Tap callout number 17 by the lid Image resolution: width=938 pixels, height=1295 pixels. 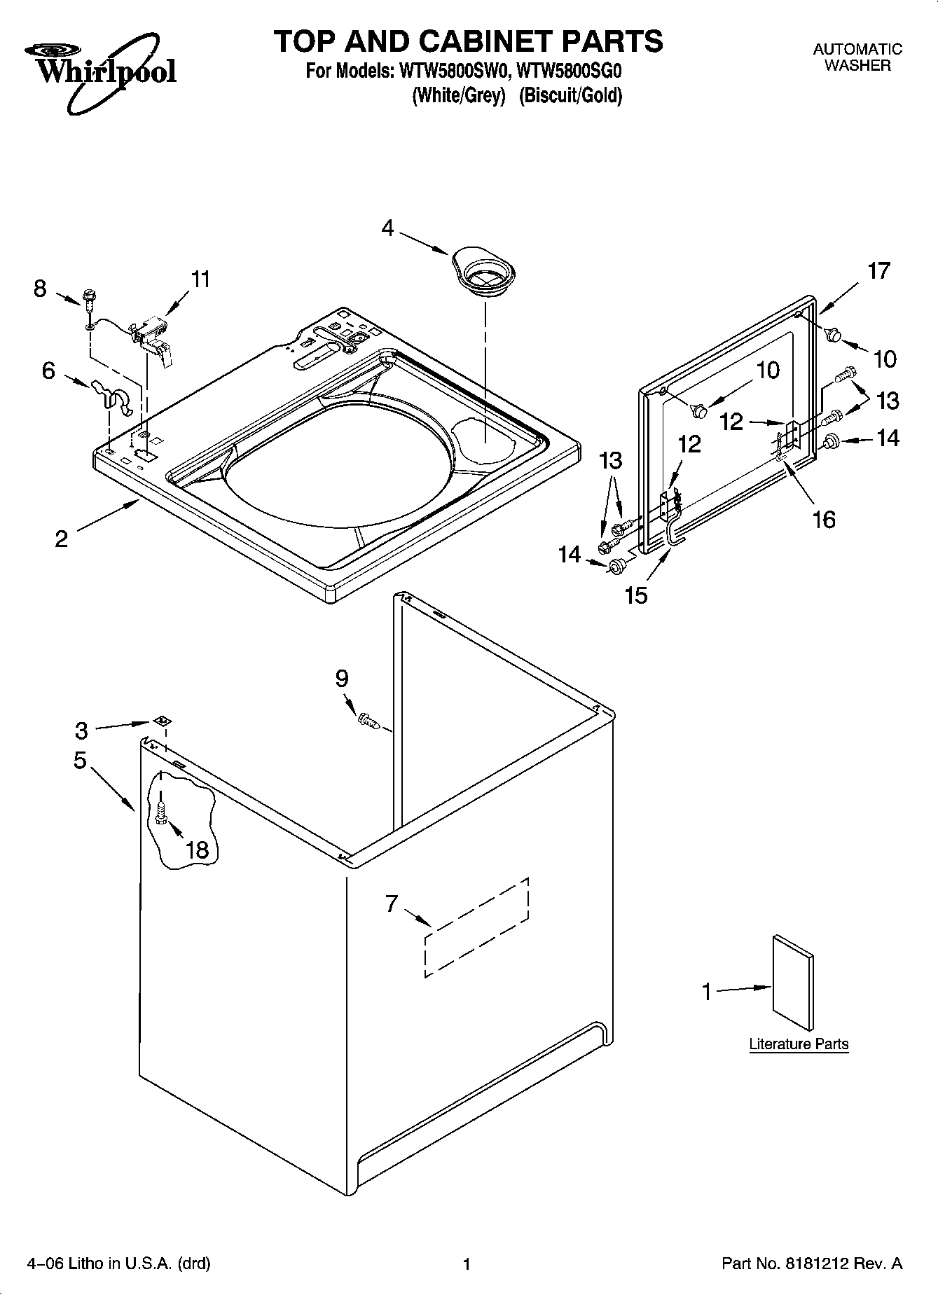878,271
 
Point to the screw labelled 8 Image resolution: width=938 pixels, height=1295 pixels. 90,299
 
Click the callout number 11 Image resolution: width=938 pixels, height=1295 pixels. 200,279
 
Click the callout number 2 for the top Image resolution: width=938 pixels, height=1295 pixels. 62,539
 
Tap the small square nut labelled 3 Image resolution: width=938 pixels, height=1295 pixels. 162,721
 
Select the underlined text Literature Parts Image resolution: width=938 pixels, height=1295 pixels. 799,1044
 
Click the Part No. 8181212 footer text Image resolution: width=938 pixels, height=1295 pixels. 812,1263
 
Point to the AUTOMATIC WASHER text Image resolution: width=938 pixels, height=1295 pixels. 857,57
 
